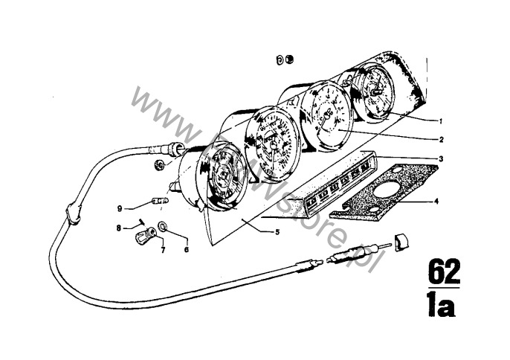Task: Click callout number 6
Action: click(187, 250)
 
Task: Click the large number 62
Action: click(443, 271)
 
